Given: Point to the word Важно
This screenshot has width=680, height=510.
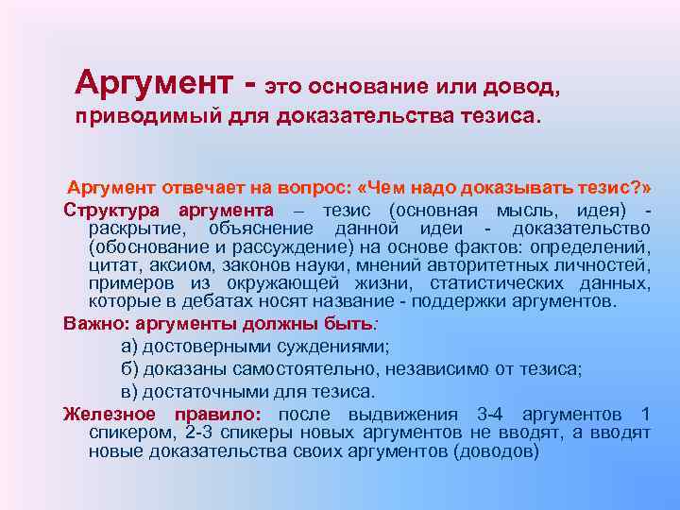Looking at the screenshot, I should (x=88, y=323).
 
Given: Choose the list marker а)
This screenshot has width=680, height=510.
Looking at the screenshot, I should (x=131, y=346).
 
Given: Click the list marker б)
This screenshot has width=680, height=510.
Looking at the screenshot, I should (x=131, y=368).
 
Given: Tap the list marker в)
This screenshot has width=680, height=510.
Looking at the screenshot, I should (x=131, y=391).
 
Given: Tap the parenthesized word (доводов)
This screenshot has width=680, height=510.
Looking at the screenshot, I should (x=496, y=450).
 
